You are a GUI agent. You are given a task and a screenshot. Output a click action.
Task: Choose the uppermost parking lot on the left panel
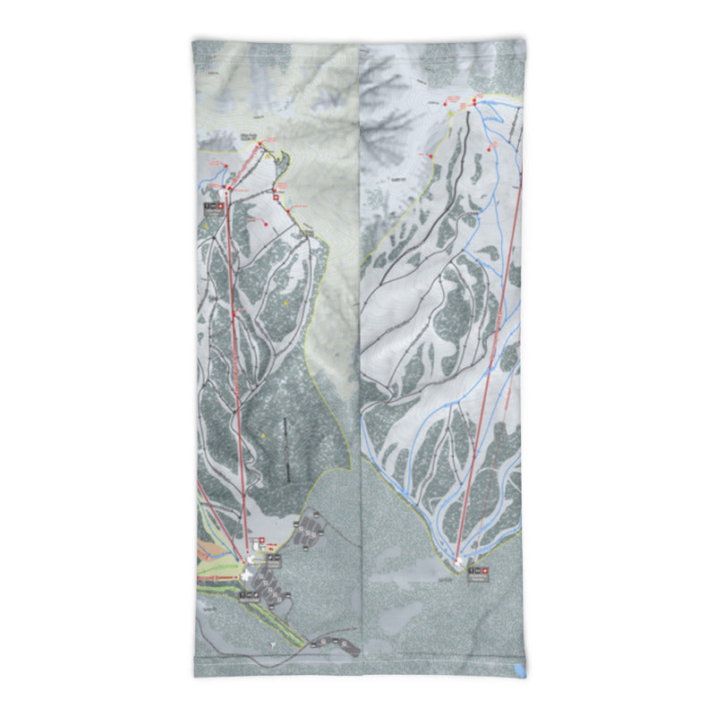(x=312, y=520)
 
